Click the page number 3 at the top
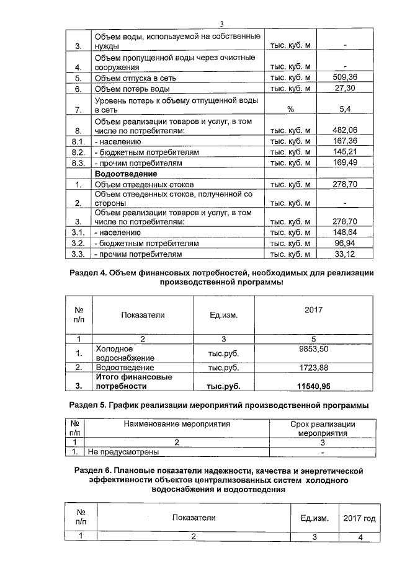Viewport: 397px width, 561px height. tap(221, 24)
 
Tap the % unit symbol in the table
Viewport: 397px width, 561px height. tap(290, 109)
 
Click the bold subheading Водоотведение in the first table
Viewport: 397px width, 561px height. tap(125, 174)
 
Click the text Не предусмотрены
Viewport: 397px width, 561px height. tap(123, 452)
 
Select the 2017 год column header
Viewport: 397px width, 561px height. tap(359, 518)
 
